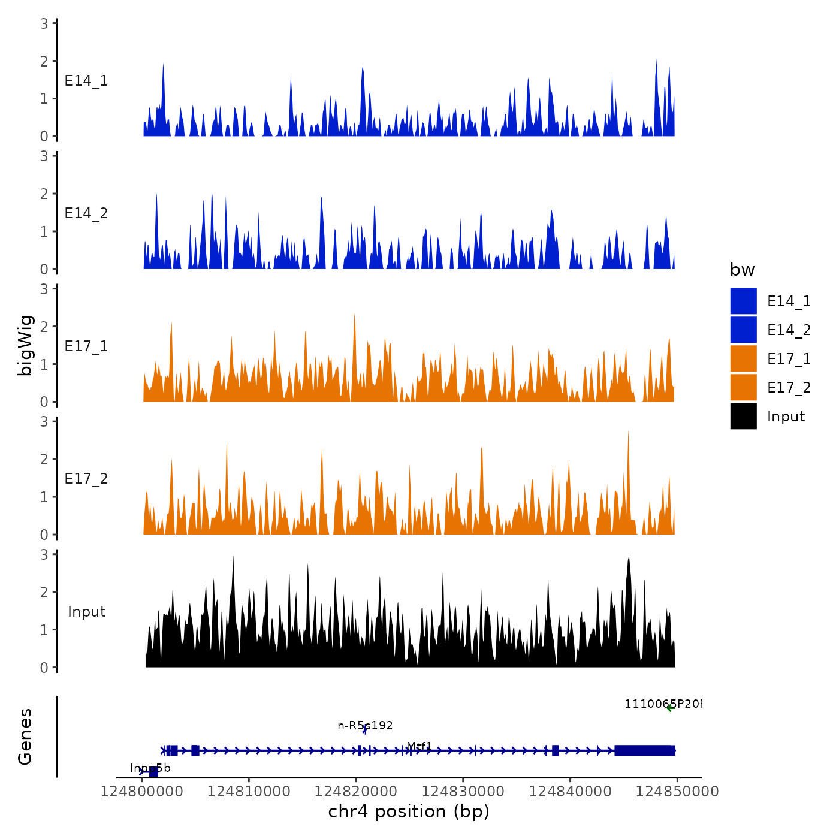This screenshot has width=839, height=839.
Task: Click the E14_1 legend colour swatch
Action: pyautogui.click(x=743, y=301)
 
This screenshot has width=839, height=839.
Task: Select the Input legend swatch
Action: pyautogui.click(x=743, y=416)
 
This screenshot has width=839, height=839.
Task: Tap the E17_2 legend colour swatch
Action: pyautogui.click(x=743, y=387)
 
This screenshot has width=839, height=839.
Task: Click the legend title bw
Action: pyautogui.click(x=742, y=270)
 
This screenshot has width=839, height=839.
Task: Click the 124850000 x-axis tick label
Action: pyautogui.click(x=677, y=792)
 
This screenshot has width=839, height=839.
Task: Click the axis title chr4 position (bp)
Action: pyautogui.click(x=409, y=812)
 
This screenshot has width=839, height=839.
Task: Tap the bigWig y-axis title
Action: pyautogui.click(x=25, y=345)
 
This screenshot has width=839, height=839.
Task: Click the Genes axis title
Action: pyautogui.click(x=25, y=737)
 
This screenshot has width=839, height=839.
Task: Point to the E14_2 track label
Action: pyautogui.click(x=86, y=213)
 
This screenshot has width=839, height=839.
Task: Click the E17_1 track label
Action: pyautogui.click(x=86, y=346)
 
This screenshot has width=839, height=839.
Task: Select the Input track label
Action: pyautogui.click(x=86, y=612)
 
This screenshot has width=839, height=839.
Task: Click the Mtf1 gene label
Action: pyautogui.click(x=419, y=746)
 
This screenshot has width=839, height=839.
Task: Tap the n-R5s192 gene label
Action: pyautogui.click(x=365, y=726)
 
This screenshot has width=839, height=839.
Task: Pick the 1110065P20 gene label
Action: pyautogui.click(x=662, y=704)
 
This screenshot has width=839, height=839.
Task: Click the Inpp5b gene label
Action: pyautogui.click(x=150, y=768)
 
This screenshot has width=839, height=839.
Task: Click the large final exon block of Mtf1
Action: pyautogui.click(x=645, y=750)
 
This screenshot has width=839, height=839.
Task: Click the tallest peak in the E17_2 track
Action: pyautogui.click(x=628, y=433)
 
